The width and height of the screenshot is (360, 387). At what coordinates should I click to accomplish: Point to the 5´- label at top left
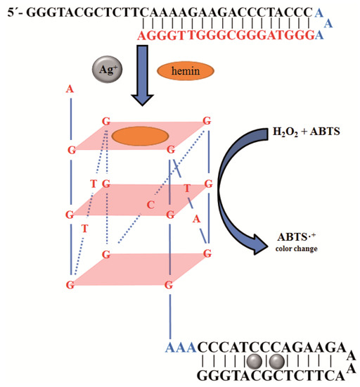tap(15, 12)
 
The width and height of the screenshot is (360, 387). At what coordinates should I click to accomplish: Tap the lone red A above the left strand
tap(69, 89)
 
